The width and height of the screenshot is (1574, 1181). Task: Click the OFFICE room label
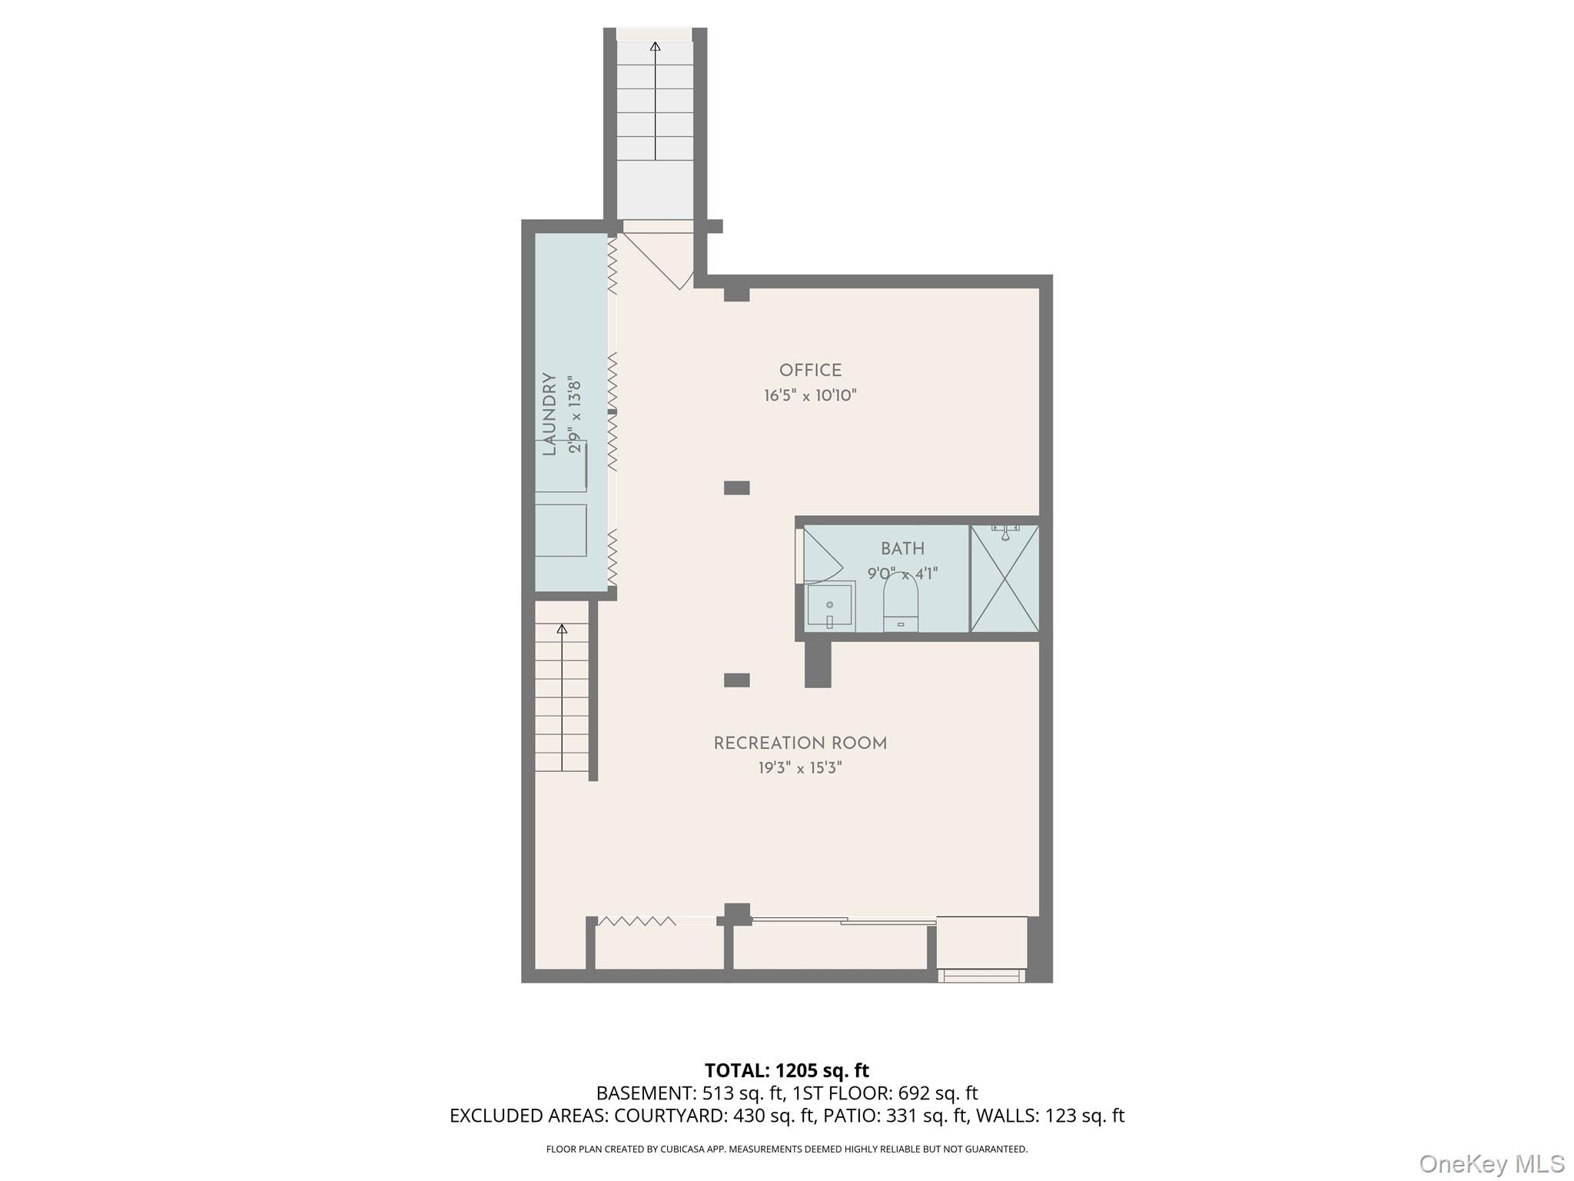[810, 371]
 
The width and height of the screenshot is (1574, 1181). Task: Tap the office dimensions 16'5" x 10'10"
[810, 396]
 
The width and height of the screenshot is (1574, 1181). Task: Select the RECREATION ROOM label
[800, 744]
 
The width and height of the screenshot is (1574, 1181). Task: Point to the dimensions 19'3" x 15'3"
[800, 768]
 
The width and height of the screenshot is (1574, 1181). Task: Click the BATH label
[902, 549]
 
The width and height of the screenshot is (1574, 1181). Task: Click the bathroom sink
[830, 606]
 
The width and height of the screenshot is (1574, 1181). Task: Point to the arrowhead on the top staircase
[655, 47]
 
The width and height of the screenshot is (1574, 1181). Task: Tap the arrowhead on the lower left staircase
[562, 629]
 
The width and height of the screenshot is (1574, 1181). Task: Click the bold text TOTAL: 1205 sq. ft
[786, 1070]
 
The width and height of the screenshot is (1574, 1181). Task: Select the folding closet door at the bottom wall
[637, 921]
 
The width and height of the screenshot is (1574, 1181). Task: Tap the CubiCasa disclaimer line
[786, 1149]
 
